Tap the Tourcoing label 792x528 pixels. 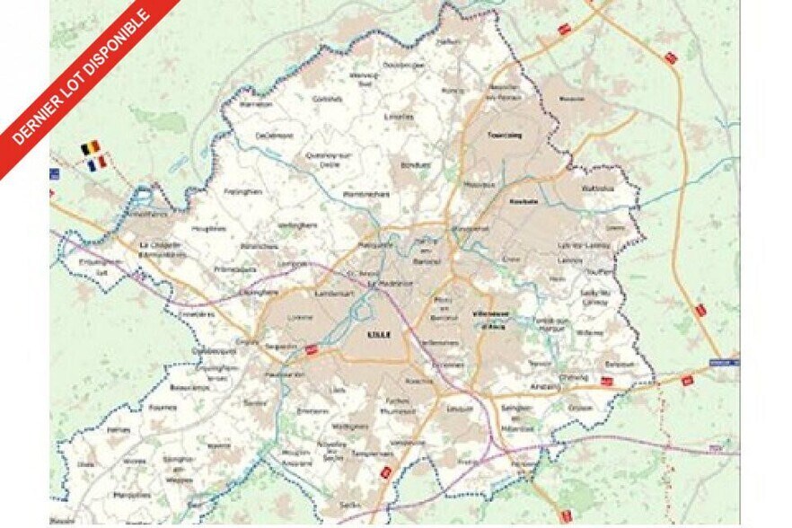pos(503,136)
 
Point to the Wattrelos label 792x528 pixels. pos(597,189)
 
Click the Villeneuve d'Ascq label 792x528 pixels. pos(489,319)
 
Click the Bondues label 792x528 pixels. pos(412,165)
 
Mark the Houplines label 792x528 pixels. pos(208,230)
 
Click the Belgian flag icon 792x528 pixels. pos(90,146)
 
